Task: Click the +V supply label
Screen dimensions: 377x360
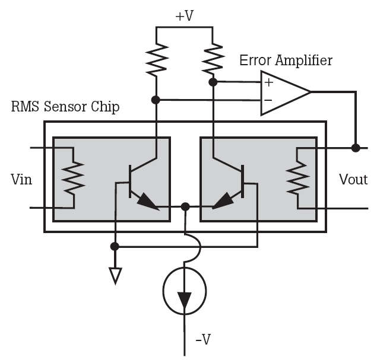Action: click(185, 16)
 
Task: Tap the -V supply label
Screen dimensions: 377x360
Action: click(203, 339)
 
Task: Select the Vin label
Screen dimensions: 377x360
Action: click(21, 179)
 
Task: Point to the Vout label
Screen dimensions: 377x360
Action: click(353, 179)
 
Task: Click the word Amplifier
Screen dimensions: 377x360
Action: click(304, 60)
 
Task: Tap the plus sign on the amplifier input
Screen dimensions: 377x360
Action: click(269, 82)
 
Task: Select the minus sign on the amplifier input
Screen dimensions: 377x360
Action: click(268, 100)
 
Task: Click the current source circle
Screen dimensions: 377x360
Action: click(164, 291)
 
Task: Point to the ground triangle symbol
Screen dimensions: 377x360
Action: click(115, 276)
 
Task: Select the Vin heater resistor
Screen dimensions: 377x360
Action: click(74, 177)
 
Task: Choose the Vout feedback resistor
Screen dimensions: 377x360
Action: click(297, 177)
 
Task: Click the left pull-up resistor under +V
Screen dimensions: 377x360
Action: click(157, 59)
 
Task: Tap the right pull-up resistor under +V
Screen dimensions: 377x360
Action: click(213, 58)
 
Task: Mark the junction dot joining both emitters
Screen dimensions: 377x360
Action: click(185, 206)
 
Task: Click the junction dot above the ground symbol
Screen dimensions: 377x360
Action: click(115, 246)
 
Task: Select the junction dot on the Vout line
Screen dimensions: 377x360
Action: click(356, 148)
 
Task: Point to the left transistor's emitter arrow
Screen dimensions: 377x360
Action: click(148, 202)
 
